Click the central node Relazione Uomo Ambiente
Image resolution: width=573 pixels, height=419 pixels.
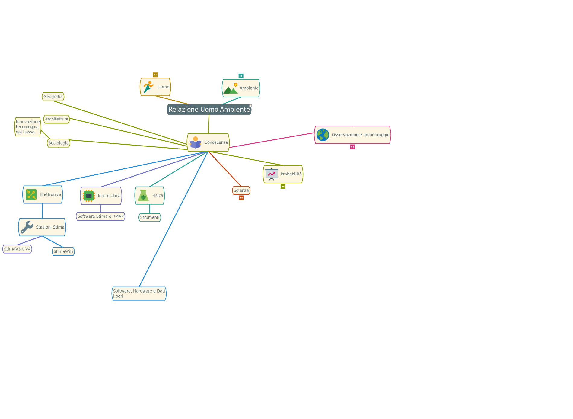(209, 109)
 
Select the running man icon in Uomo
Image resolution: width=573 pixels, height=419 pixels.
(148, 87)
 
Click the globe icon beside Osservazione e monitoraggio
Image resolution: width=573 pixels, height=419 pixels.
(323, 135)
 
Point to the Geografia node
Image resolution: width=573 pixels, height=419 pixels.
(53, 97)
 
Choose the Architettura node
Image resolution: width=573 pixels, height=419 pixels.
(56, 119)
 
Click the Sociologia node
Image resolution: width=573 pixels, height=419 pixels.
(59, 143)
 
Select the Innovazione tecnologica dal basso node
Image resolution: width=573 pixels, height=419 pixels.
(27, 127)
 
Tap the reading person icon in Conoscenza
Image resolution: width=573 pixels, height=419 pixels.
(196, 142)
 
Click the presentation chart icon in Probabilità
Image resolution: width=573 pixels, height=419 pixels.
(272, 174)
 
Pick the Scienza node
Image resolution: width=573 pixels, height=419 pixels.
(241, 190)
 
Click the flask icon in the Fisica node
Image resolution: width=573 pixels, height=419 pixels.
(143, 196)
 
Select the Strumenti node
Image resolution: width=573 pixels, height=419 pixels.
(150, 217)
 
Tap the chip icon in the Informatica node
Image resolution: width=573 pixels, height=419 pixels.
(89, 196)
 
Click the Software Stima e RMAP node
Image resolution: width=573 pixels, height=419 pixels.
(100, 216)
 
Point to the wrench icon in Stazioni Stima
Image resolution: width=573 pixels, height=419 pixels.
(27, 227)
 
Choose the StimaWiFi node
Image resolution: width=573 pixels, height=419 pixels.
(63, 251)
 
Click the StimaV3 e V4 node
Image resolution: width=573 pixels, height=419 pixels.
(17, 249)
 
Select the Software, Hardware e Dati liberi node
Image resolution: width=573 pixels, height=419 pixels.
(139, 293)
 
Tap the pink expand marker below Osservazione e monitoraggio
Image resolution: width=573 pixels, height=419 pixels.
(352, 147)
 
